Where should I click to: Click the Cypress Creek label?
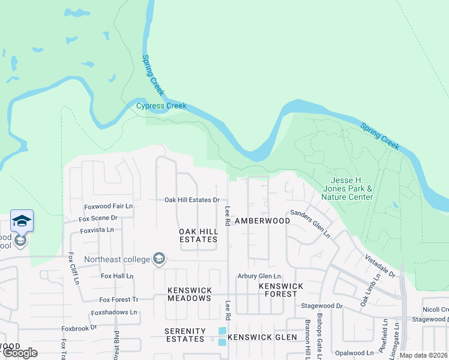pos(161,106)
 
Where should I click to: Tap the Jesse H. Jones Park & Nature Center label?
pos(347,189)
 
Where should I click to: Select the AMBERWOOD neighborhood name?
pos(262,221)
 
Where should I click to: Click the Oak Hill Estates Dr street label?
pos(193,200)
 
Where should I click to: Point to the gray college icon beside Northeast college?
pos(159,259)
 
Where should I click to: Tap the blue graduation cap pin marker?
pos(22,221)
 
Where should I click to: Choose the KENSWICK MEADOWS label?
pos(189,294)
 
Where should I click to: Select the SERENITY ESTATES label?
pos(185,335)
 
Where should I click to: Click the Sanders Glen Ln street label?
pos(310,224)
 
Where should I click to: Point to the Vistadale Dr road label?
pos(380,265)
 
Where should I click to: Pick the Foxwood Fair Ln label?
pos(108,206)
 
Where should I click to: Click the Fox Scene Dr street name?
pos(98,218)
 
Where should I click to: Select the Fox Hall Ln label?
pos(116,276)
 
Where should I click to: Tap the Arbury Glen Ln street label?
pos(259,276)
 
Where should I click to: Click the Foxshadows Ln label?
pos(114,313)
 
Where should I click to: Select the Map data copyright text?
pos(423,355)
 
